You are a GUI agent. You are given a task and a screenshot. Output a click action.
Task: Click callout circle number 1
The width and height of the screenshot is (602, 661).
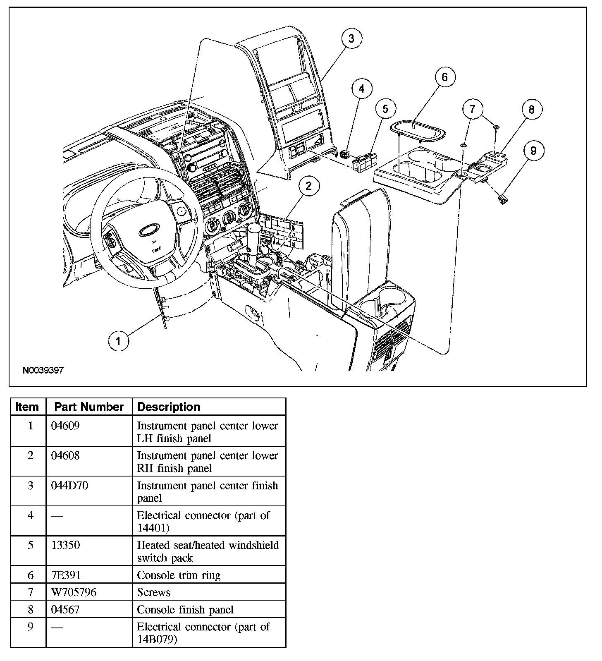point(119,341)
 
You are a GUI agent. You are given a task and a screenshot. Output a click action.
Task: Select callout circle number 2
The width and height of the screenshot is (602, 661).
point(308,186)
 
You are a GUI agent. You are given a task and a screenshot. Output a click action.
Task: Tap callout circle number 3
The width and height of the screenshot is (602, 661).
point(351,38)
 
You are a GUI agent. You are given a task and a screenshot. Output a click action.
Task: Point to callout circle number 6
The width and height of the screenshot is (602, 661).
point(444,77)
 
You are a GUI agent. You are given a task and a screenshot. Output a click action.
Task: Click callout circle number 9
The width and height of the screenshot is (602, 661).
point(533,151)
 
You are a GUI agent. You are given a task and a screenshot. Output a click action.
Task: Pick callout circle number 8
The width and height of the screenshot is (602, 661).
point(531,109)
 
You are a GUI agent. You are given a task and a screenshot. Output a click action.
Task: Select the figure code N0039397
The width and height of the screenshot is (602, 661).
point(43,370)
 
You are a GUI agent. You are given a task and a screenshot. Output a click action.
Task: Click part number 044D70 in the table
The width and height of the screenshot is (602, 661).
point(69,485)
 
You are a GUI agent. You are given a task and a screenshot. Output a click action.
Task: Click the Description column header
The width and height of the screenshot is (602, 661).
point(169,407)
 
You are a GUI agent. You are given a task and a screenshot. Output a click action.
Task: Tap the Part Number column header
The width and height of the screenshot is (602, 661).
point(89,407)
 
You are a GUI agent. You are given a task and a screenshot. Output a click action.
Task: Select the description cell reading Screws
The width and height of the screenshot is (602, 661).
point(154,592)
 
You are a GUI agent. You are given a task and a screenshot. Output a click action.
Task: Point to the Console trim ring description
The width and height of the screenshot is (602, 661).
point(179,575)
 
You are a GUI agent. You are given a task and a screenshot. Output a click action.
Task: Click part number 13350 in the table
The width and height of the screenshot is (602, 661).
point(65,545)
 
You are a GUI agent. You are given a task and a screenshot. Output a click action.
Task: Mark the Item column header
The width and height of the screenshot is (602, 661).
point(27,407)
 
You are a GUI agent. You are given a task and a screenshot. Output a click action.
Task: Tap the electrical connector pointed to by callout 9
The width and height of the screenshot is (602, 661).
point(503,200)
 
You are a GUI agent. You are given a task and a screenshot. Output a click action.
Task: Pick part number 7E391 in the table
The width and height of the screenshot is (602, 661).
point(66,575)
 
